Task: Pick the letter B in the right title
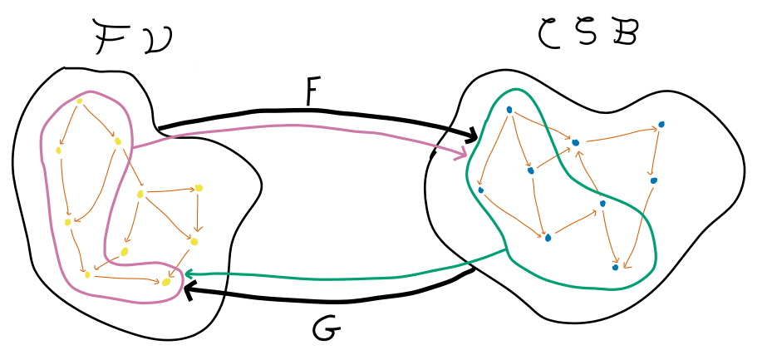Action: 627,33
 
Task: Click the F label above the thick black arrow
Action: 311,92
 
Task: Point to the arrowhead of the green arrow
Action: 188,273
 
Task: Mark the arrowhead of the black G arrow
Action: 188,290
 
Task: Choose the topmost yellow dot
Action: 80,101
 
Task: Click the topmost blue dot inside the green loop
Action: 509,110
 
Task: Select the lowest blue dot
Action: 615,267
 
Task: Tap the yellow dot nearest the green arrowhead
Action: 166,283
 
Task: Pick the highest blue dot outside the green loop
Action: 661,125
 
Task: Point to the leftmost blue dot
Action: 481,190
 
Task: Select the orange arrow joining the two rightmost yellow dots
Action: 197,215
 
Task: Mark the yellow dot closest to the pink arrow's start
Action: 118,141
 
